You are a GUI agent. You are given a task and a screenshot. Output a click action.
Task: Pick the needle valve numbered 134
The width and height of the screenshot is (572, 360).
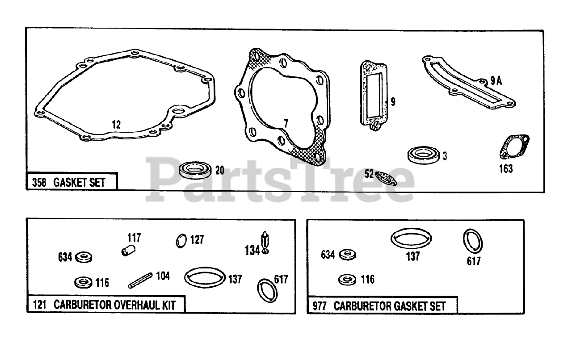[x=265, y=243]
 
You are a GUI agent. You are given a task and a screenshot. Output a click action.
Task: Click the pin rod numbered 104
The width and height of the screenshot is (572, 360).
[x=141, y=280]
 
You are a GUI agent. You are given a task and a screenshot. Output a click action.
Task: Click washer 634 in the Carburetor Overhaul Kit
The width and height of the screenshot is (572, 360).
[x=83, y=257]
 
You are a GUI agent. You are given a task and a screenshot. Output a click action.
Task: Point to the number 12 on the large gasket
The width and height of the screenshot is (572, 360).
[x=116, y=125]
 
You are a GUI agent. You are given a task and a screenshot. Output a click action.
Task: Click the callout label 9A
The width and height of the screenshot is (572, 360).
[x=496, y=81]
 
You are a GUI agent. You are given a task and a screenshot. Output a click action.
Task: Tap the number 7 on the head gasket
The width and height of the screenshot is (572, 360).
[x=286, y=123]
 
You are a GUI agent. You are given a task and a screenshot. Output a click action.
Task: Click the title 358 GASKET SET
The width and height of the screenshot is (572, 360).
[x=72, y=182]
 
